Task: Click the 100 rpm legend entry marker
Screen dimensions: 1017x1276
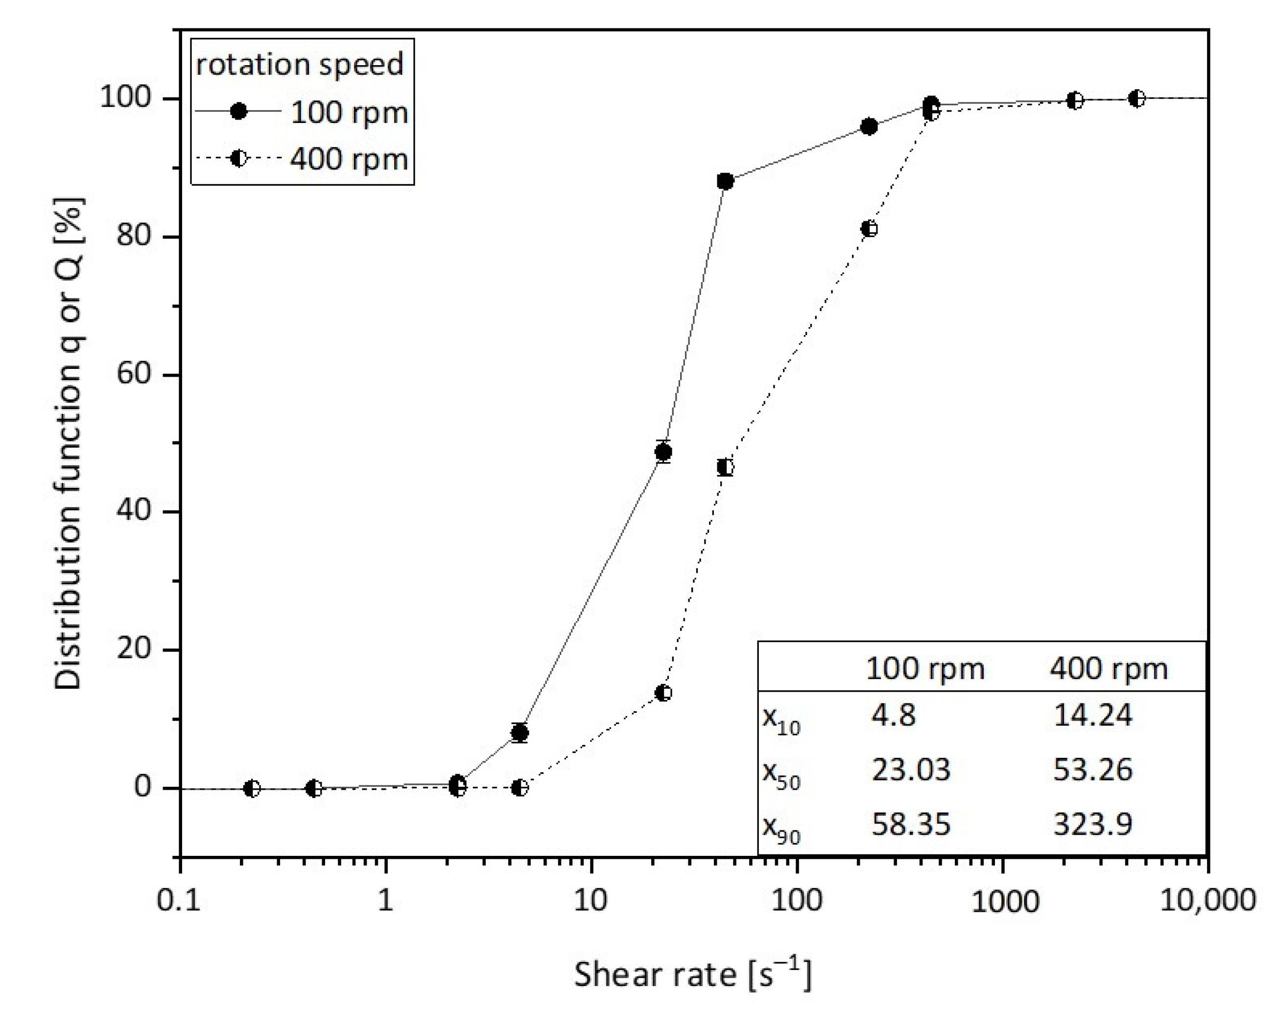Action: coord(238,111)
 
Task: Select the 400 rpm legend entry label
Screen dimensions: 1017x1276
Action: coord(349,159)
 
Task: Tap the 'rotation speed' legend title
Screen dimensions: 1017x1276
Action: coord(300,65)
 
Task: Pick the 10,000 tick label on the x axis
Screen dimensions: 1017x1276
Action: coord(1207,900)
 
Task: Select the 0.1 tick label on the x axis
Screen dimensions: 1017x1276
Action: coord(179,900)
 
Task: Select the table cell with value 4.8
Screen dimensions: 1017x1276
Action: coord(893,715)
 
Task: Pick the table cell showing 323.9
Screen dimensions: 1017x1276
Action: coord(1092,824)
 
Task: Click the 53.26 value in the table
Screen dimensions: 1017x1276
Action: coord(1092,770)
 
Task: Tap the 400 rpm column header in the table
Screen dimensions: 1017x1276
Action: coord(1109,669)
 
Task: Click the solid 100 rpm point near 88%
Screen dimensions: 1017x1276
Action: coord(725,181)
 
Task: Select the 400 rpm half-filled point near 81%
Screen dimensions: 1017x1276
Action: coord(869,228)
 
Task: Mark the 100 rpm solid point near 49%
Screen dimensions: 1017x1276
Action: coord(663,452)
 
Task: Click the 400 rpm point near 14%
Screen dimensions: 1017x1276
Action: coord(663,693)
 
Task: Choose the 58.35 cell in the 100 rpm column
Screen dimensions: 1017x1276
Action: coord(910,824)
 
